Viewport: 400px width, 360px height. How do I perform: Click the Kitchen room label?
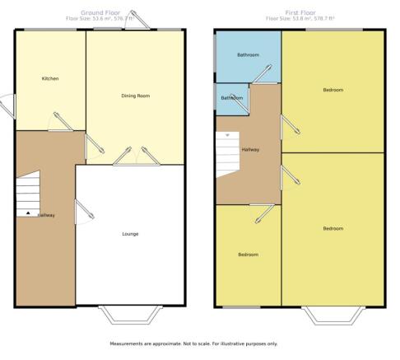[x=50, y=78]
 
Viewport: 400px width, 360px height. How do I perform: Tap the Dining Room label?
[x=136, y=96]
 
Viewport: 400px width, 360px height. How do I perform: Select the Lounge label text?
[x=130, y=234]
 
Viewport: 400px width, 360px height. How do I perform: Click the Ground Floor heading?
[x=100, y=12]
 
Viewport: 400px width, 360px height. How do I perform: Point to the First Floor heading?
[x=300, y=12]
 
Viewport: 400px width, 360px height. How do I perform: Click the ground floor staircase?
[x=28, y=194]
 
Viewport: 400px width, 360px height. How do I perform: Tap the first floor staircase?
[x=228, y=155]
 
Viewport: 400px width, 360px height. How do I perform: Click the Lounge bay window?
[x=130, y=315]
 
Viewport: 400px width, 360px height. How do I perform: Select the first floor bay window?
[x=333, y=316]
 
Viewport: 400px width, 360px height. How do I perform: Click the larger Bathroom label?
[x=249, y=55]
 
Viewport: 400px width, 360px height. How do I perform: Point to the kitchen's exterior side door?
[x=8, y=106]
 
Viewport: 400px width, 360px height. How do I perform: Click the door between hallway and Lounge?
[x=85, y=212]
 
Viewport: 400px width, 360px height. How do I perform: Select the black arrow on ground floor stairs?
[x=28, y=213]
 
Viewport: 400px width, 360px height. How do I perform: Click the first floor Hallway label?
[x=250, y=150]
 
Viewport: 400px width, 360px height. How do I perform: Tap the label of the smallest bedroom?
[x=249, y=255]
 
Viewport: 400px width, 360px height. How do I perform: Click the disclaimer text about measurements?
[x=193, y=344]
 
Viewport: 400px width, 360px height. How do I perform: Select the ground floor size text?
[x=100, y=19]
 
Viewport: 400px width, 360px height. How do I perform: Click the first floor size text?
[x=300, y=19]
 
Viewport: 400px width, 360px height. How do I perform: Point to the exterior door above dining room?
[x=137, y=20]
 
